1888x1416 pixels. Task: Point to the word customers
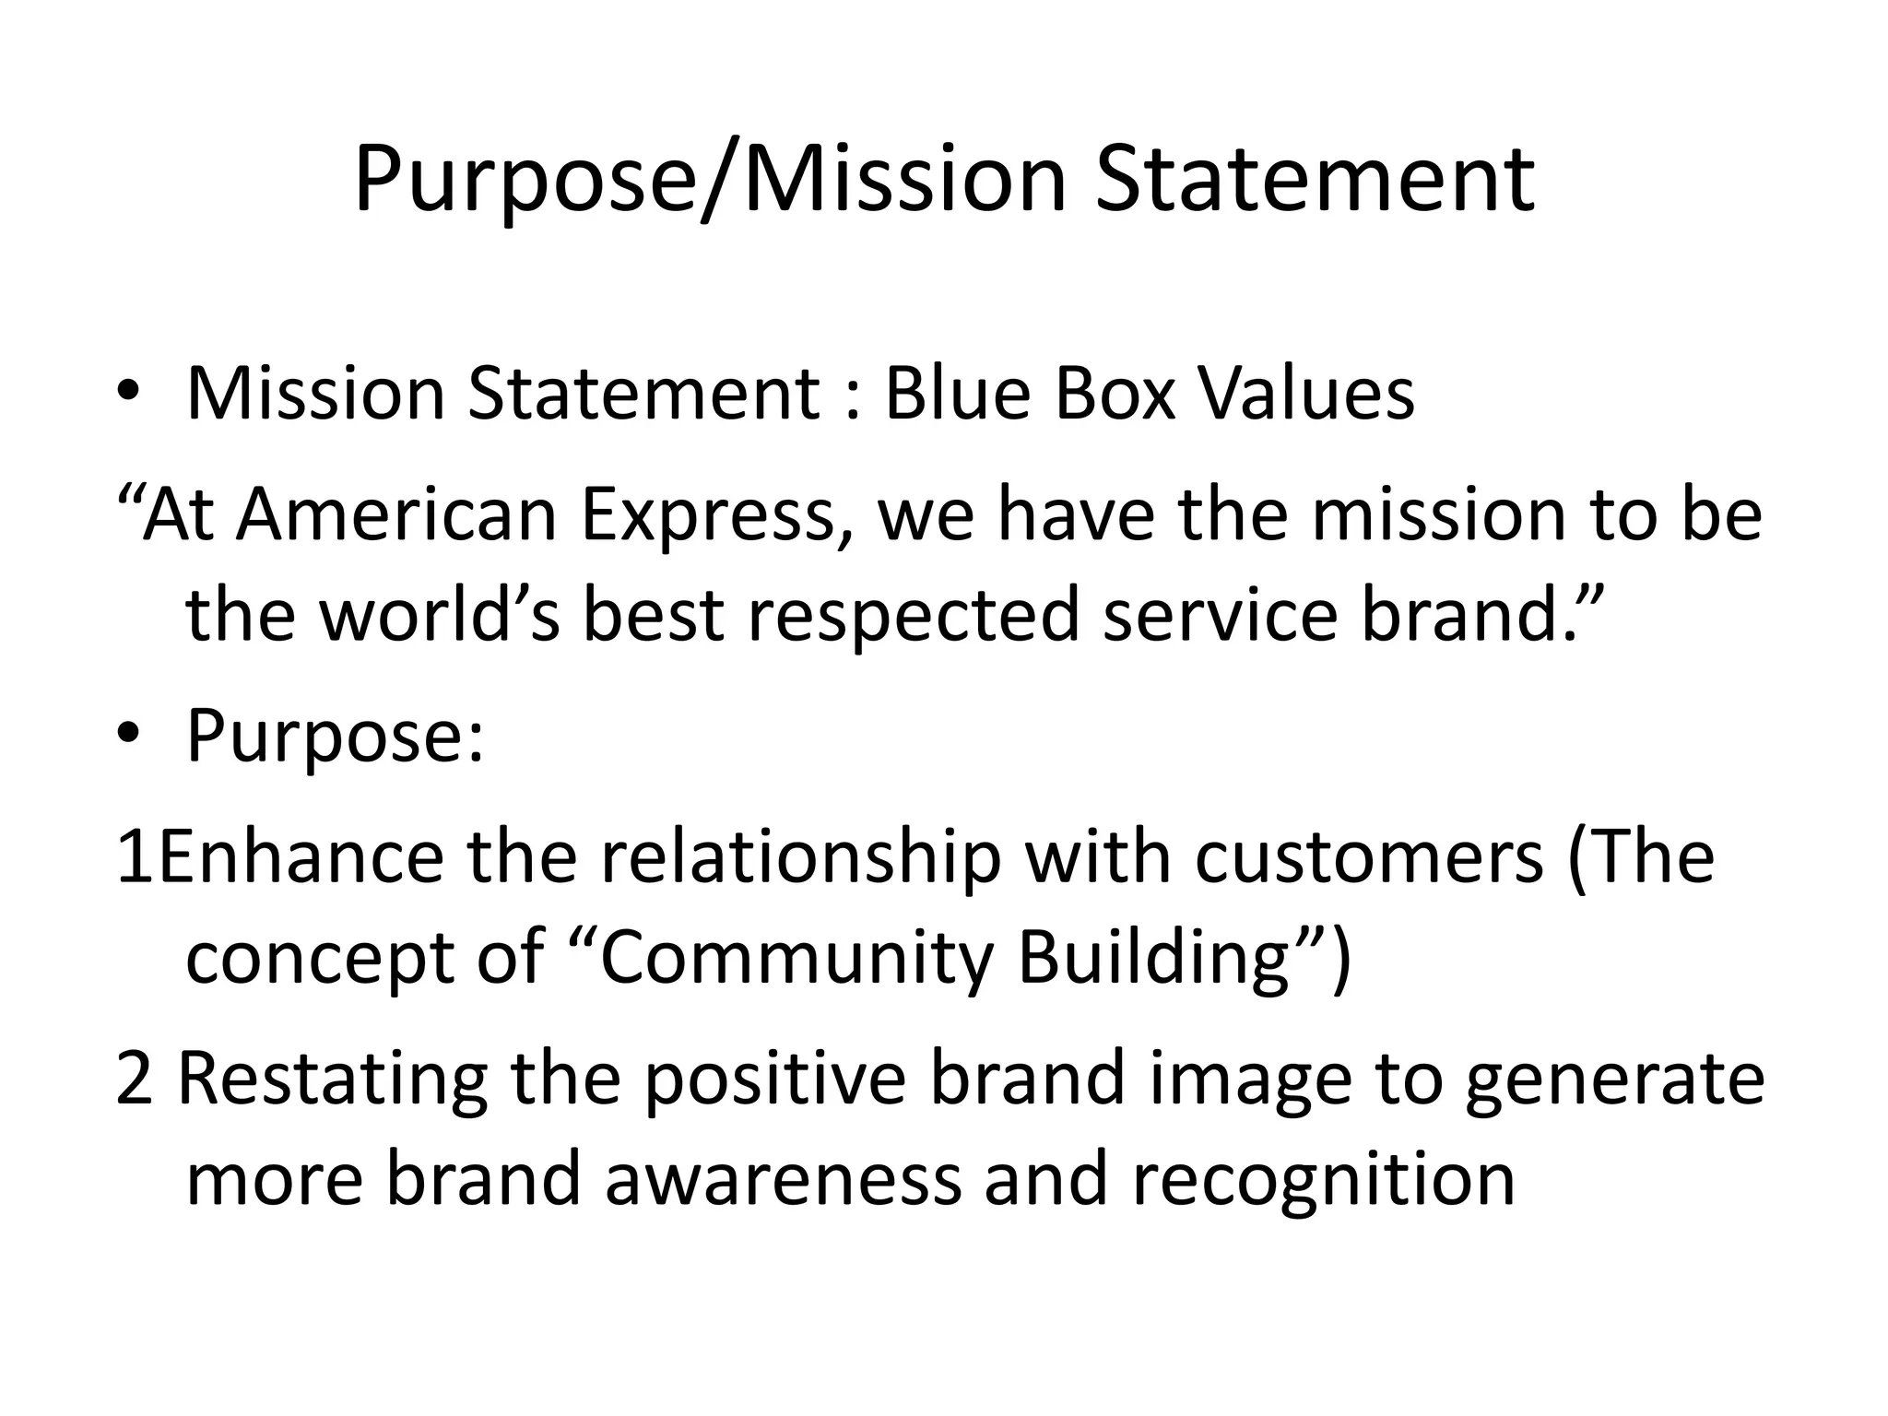[1369, 857]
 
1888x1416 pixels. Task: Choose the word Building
[1152, 959]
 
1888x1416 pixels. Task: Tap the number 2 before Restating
[134, 1080]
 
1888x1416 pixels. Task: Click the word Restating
[332, 1080]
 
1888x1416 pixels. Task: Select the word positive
[775, 1080]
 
